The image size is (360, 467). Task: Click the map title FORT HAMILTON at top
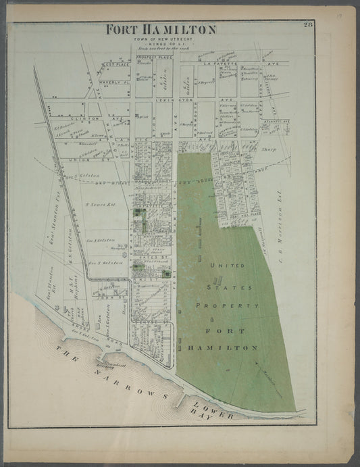pos(161,30)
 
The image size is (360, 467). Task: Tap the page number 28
pos(308,25)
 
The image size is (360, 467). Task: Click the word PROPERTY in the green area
pos(228,306)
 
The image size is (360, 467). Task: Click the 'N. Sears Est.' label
pos(98,202)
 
